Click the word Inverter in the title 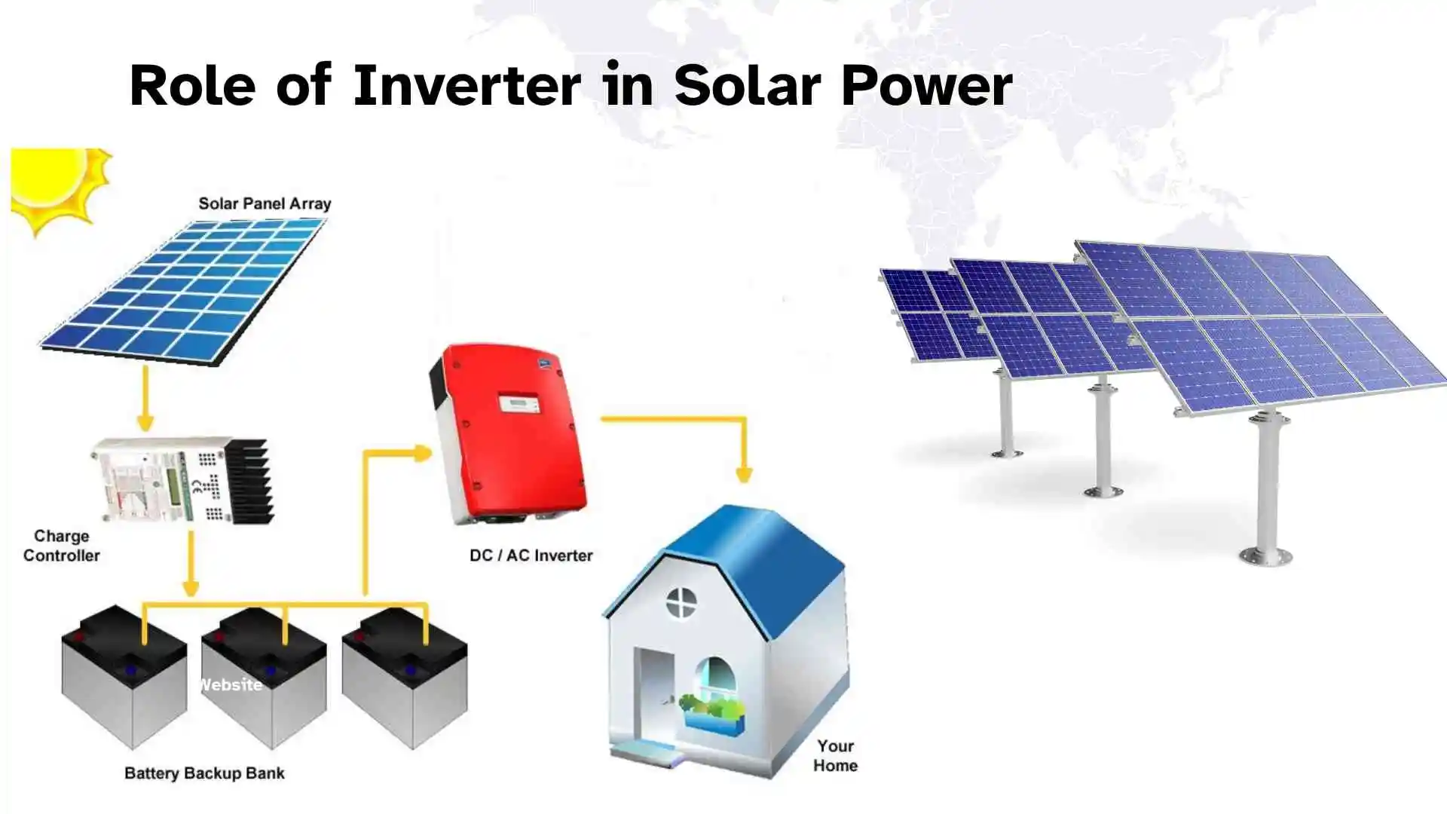click(x=467, y=86)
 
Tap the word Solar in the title click(x=746, y=86)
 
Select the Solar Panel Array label click(x=265, y=203)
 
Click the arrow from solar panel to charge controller click(x=145, y=399)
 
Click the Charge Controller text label click(x=62, y=546)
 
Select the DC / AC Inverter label click(x=531, y=555)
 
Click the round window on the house click(x=681, y=601)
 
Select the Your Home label click(x=835, y=755)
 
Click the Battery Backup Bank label click(x=204, y=773)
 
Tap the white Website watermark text click(x=230, y=684)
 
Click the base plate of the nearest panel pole click(x=1265, y=557)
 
